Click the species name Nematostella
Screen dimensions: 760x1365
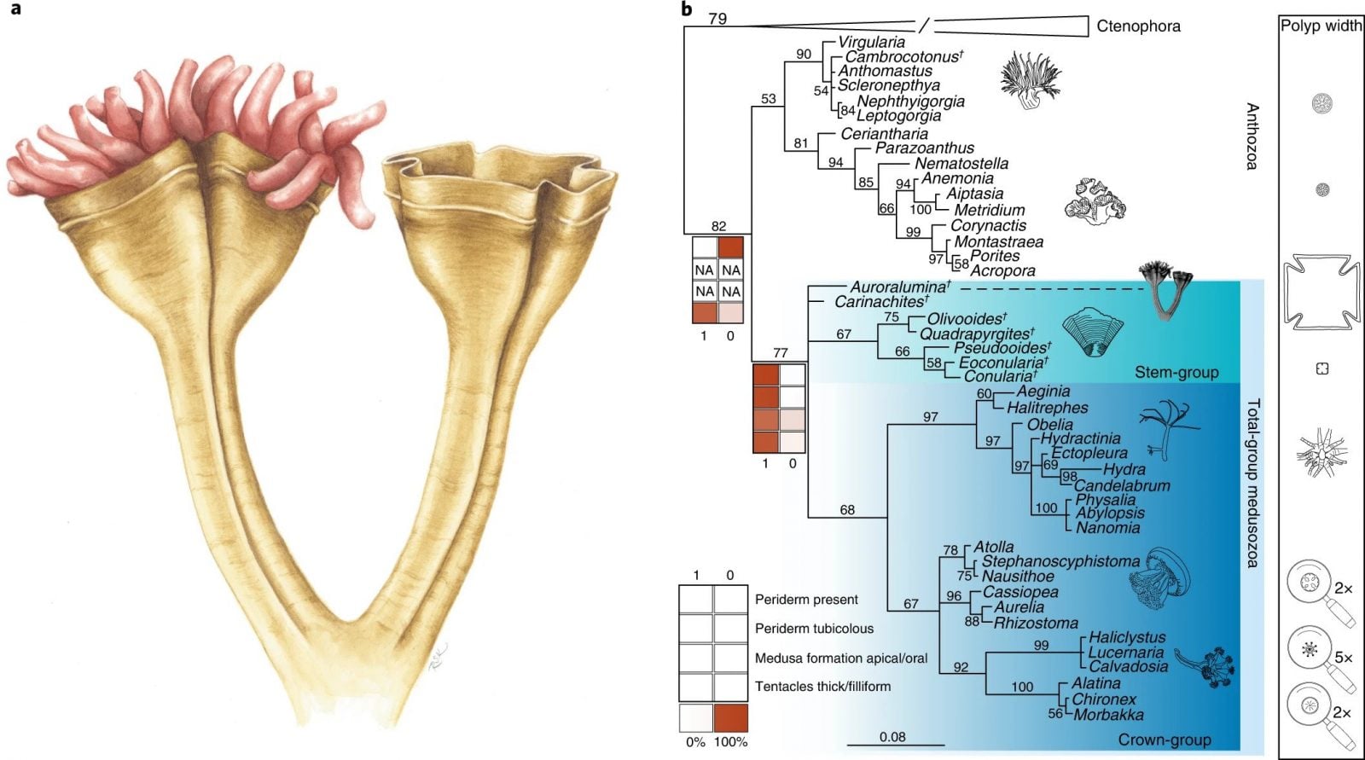click(x=961, y=163)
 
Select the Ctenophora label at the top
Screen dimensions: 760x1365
click(x=1138, y=26)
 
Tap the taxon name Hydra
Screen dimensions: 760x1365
click(x=1124, y=469)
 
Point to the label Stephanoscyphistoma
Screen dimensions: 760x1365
click(x=1060, y=561)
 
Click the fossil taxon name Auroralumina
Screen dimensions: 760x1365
click(x=899, y=287)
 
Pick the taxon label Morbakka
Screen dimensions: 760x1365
click(x=1108, y=715)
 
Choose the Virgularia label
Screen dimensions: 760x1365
click(x=871, y=42)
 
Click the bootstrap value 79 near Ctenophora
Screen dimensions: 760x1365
click(x=717, y=18)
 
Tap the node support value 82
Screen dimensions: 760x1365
click(x=718, y=226)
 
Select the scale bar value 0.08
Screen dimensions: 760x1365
click(x=892, y=737)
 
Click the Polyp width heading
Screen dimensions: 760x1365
click(x=1321, y=26)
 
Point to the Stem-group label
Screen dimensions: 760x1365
click(x=1176, y=372)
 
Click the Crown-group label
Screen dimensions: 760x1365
click(x=1164, y=740)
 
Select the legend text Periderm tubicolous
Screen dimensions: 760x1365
click(x=814, y=629)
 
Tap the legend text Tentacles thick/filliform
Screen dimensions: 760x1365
click(x=822, y=686)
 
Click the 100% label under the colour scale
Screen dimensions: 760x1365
click(x=730, y=742)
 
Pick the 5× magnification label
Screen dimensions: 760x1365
click(x=1344, y=657)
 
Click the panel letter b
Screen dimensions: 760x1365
click(x=687, y=10)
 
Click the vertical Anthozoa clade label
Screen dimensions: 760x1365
click(x=1252, y=136)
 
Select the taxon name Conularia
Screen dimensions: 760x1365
click(x=999, y=376)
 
